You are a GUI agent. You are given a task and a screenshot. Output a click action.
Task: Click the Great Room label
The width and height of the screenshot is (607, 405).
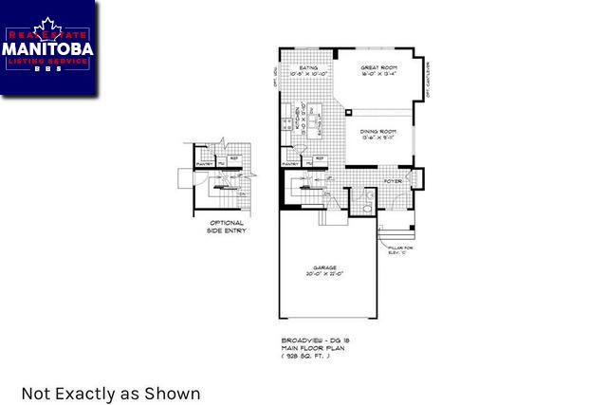[x=378, y=68]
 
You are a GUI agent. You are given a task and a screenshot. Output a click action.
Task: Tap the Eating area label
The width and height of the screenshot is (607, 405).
[x=308, y=68]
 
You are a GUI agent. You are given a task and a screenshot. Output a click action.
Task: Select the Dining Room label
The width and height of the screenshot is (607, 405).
[x=377, y=131]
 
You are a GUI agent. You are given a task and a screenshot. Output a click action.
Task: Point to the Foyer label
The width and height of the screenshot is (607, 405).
[x=393, y=180]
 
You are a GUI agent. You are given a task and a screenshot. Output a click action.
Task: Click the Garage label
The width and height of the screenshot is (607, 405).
[x=326, y=267]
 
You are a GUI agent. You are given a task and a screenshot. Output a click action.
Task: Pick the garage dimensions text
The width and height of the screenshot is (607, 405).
[x=326, y=274]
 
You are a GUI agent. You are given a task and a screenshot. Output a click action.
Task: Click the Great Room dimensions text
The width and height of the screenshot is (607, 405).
[x=378, y=75]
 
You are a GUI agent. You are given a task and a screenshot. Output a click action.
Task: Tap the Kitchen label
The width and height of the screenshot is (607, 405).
[x=297, y=120]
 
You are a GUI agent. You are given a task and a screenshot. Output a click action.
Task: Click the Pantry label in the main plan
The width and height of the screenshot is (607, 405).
[x=291, y=163]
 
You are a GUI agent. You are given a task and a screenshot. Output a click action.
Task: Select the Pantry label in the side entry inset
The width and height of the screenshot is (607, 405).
[x=204, y=163]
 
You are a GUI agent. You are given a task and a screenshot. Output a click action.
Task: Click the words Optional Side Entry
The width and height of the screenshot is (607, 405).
[x=227, y=227]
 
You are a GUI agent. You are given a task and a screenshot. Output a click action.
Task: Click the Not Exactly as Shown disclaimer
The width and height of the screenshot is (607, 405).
[x=111, y=393]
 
